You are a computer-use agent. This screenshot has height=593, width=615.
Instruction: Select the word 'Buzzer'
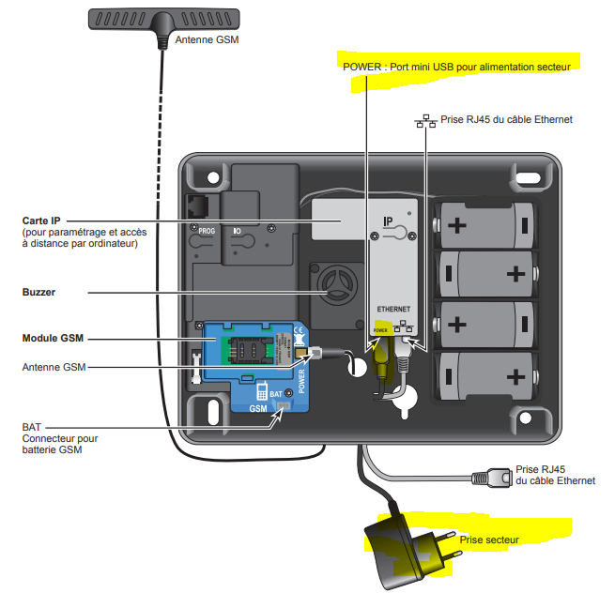pyautogui.click(x=38, y=292)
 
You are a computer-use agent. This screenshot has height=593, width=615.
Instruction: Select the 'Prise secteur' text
pyautogui.click(x=488, y=540)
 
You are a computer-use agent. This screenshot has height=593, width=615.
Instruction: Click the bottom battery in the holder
pyautogui.click(x=483, y=376)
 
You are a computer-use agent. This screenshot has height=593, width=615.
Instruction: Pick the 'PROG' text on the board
pyautogui.click(x=207, y=230)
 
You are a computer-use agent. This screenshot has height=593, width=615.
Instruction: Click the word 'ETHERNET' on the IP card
pyautogui.click(x=394, y=309)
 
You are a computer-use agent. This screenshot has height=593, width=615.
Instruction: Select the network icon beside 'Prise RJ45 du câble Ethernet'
pyautogui.click(x=427, y=120)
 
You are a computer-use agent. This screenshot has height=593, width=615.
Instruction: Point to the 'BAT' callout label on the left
pyautogui.click(x=32, y=426)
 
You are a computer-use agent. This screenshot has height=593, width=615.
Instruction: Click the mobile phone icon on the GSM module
pyautogui.click(x=263, y=391)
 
